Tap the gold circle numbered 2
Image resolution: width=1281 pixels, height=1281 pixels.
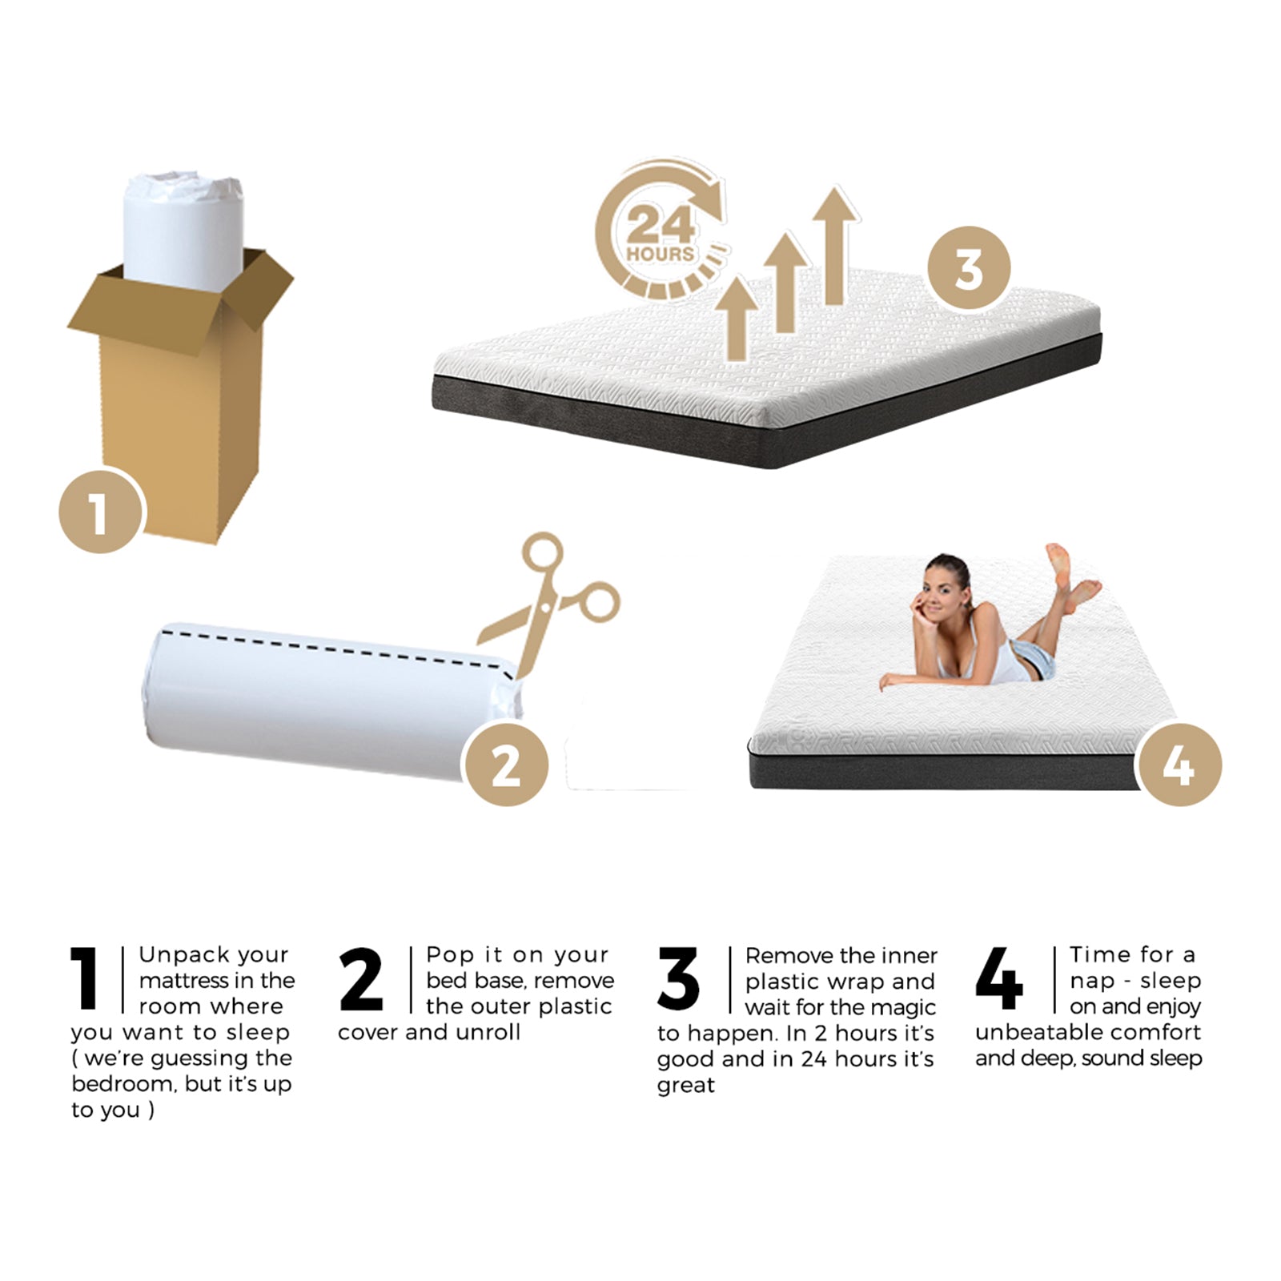(x=506, y=765)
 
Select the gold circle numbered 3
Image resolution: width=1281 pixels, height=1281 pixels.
(x=969, y=267)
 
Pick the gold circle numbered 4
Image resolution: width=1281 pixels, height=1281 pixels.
(x=1179, y=765)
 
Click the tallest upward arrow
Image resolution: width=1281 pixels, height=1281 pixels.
(x=835, y=244)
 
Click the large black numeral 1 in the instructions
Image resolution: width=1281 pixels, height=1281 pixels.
(x=85, y=978)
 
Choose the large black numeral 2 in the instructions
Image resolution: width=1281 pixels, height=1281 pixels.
(x=362, y=978)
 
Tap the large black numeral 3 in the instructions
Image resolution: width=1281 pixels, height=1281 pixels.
(x=678, y=978)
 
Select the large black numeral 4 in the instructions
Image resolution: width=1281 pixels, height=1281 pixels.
(x=999, y=978)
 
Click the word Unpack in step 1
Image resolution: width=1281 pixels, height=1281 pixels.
(x=175, y=955)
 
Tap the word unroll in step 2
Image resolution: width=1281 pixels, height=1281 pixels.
(x=488, y=1033)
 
